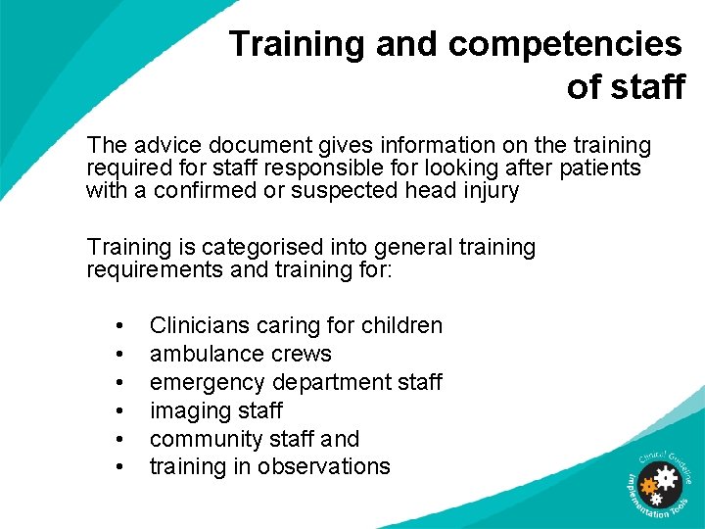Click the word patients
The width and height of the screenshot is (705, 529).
600,168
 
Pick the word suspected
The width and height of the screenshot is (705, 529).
348,190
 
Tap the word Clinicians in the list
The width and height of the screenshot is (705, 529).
198,325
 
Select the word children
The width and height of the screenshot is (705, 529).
401,325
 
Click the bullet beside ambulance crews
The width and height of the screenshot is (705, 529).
118,354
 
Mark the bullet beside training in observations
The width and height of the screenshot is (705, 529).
118,467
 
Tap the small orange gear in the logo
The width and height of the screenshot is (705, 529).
647,486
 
